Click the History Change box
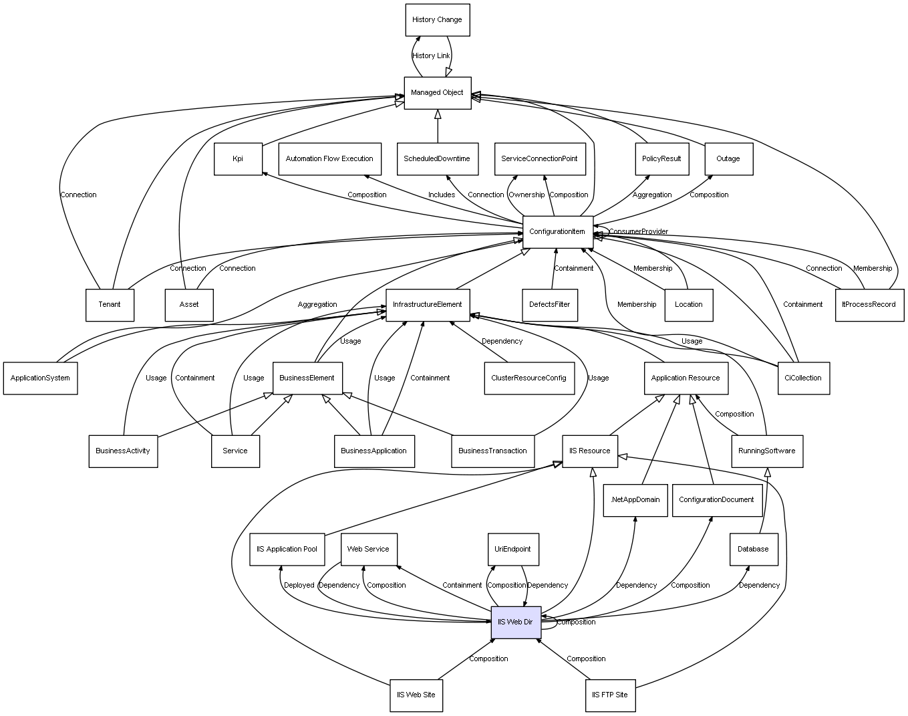click(437, 20)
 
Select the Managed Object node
click(437, 93)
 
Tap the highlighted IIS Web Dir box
click(515, 622)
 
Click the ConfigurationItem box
click(557, 232)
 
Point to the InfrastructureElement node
click(428, 305)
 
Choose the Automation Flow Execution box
click(329, 159)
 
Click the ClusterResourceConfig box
click(528, 378)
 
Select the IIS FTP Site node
click(609, 695)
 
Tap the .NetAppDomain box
click(635, 500)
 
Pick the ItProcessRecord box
click(869, 305)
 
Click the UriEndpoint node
click(512, 550)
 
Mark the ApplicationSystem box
click(40, 378)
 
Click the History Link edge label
click(431, 56)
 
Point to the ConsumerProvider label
click(638, 232)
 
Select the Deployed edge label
click(299, 586)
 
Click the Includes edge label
click(442, 195)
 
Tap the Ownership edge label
click(526, 195)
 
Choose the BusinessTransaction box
click(492, 451)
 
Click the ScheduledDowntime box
click(437, 159)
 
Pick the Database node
click(753, 550)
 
